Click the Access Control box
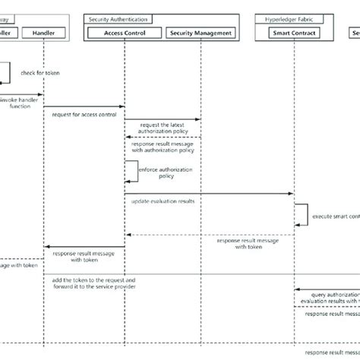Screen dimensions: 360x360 pyautogui.click(x=124, y=33)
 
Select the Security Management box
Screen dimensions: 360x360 pyautogui.click(x=201, y=33)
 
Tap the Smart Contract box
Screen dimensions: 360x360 pyautogui.click(x=295, y=33)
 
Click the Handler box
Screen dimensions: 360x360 pyautogui.click(x=44, y=33)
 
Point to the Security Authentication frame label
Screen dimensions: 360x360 pyautogui.click(x=119, y=17)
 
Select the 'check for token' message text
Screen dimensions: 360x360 pyautogui.click(x=41, y=73)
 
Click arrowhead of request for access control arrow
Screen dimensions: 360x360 pyautogui.click(x=122, y=106)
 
